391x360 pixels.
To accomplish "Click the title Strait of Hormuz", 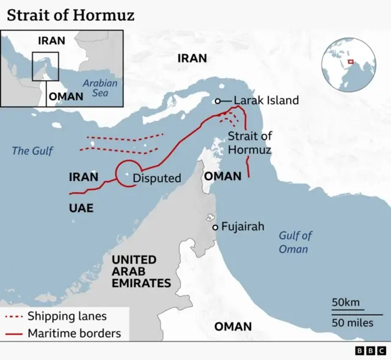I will (x=71, y=15).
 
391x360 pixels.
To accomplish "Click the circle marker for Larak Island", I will (x=217, y=101).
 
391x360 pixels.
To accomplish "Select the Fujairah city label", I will (x=243, y=227).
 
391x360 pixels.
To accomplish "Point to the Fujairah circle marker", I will (x=215, y=227).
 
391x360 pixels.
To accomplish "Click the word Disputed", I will (x=157, y=178).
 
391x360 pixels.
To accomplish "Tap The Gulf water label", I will (x=33, y=150).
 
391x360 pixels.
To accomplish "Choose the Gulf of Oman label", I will (x=295, y=242).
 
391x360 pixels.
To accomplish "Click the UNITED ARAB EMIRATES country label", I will (x=141, y=271).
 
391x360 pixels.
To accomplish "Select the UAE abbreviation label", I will (x=81, y=208).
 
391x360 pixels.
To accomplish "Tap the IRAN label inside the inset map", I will (x=51, y=41).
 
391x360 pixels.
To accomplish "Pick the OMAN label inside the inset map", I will (x=66, y=97).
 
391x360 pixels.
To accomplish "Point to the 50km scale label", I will (x=345, y=303).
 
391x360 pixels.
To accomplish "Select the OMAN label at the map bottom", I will (x=233, y=326).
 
